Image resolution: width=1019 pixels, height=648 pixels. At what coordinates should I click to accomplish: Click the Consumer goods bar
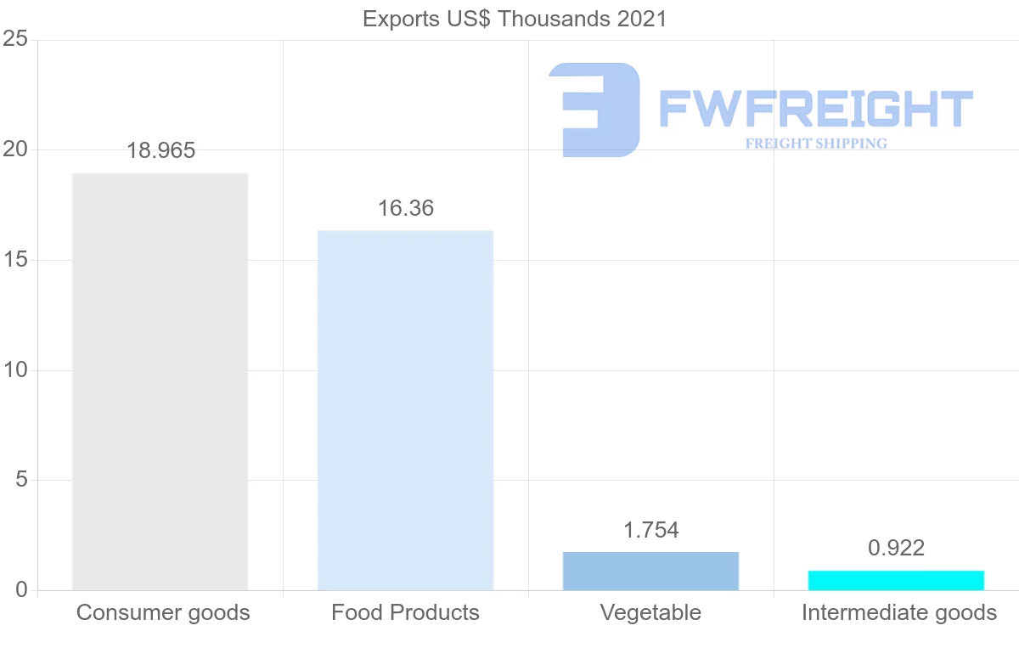160,381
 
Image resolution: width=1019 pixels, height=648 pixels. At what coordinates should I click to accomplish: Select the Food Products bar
405,410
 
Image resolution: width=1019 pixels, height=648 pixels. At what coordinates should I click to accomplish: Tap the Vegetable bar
650,571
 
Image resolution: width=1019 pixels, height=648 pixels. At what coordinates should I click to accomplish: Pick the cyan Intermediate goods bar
896,580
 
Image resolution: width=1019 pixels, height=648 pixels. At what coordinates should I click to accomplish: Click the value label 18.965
160,151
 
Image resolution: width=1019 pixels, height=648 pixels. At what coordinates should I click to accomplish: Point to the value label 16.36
405,208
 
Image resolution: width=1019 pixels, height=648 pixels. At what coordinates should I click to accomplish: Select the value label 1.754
650,531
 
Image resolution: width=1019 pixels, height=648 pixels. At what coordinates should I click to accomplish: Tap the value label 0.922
896,549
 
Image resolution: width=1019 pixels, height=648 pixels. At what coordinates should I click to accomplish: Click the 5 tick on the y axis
20,481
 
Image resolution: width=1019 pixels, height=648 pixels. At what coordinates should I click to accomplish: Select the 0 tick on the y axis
20,590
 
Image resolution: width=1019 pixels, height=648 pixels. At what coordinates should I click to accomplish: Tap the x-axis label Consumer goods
163,612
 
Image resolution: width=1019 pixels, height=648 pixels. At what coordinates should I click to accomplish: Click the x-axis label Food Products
405,612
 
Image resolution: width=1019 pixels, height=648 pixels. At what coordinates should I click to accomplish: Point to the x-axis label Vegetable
650,612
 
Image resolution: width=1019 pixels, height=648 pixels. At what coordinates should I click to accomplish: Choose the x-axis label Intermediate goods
898,612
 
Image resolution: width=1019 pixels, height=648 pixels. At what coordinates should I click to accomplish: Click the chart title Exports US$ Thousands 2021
515,19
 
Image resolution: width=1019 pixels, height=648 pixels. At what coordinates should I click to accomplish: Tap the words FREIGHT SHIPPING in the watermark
816,144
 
